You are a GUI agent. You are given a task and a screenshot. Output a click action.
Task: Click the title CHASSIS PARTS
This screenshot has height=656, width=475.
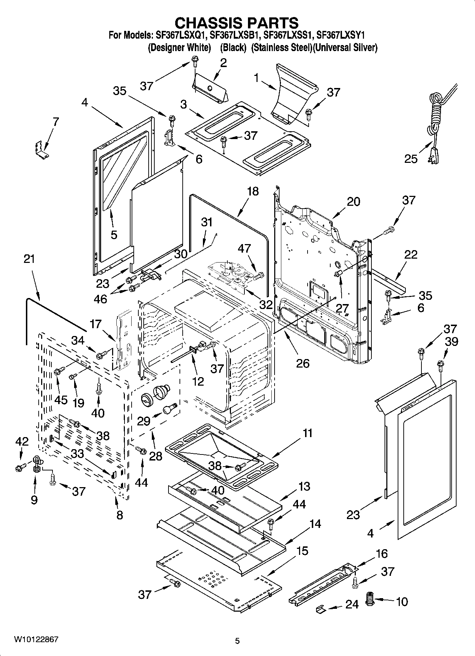tap(237, 23)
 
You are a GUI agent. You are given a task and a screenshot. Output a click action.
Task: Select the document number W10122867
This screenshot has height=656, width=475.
tap(36, 640)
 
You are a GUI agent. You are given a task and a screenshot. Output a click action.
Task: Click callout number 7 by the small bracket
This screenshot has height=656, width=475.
tap(56, 122)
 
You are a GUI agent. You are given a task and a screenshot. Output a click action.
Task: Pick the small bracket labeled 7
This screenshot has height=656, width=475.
tap(42, 150)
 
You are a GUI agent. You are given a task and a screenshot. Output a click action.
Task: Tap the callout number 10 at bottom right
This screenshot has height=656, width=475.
tap(402, 602)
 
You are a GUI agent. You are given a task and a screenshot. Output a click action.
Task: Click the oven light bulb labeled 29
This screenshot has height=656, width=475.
tap(170, 408)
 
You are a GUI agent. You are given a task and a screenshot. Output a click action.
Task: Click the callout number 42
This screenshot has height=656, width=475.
tap(22, 441)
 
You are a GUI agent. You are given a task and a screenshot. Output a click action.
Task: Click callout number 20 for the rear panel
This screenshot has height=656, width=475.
tap(353, 202)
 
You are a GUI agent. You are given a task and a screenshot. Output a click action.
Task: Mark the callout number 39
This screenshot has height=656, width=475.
tap(451, 341)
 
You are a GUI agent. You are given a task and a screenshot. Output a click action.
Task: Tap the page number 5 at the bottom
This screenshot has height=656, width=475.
tap(237, 641)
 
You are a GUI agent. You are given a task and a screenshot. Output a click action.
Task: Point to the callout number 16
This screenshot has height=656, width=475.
tap(382, 553)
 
